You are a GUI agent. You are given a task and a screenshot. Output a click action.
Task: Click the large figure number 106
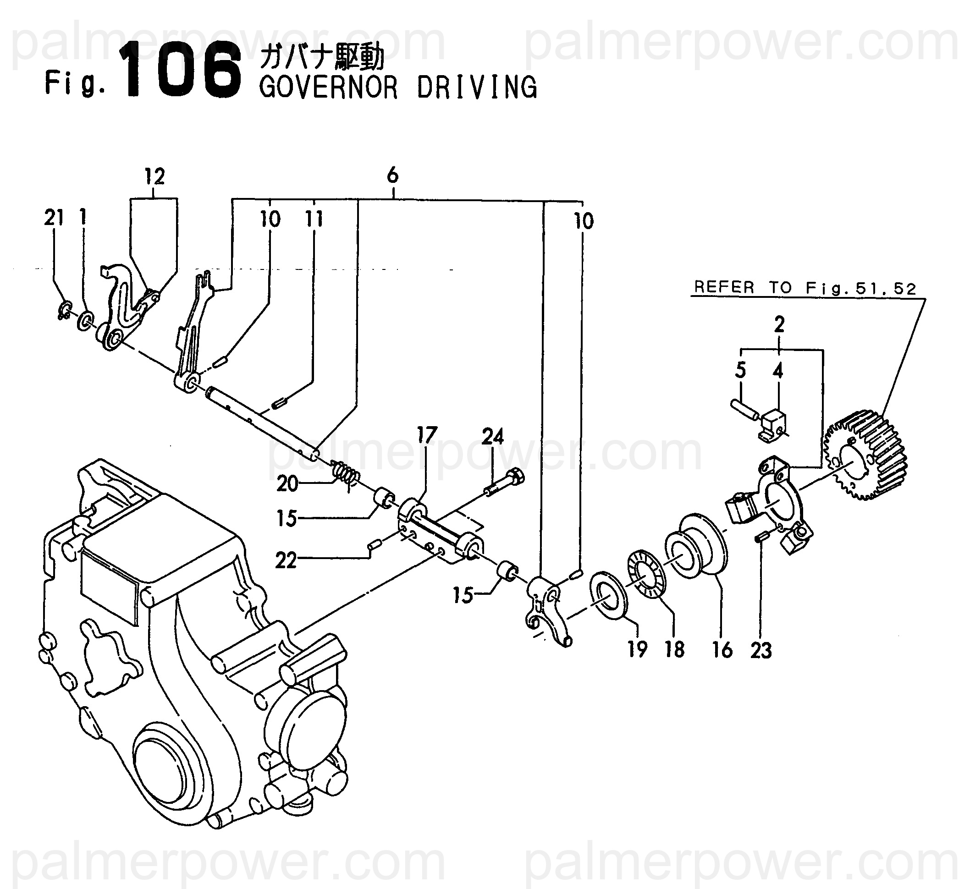(x=183, y=71)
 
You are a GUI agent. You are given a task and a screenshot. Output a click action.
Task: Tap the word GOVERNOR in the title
(x=329, y=88)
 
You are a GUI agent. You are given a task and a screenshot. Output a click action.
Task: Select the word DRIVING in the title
(x=477, y=88)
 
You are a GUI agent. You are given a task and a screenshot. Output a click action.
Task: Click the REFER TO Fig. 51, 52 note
(x=805, y=288)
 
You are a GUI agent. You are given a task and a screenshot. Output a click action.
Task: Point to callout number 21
(x=54, y=219)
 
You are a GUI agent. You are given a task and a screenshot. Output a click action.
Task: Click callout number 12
(x=154, y=177)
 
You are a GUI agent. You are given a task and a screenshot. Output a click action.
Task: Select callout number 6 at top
(x=392, y=176)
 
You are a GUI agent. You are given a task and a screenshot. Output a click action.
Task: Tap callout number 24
(x=493, y=437)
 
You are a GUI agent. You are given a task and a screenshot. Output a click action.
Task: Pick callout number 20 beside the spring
(x=287, y=483)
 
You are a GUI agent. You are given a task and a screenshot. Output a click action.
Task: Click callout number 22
(x=286, y=560)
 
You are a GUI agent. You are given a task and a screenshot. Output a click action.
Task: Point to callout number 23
(x=761, y=650)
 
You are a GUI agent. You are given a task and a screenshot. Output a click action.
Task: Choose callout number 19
(x=638, y=649)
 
